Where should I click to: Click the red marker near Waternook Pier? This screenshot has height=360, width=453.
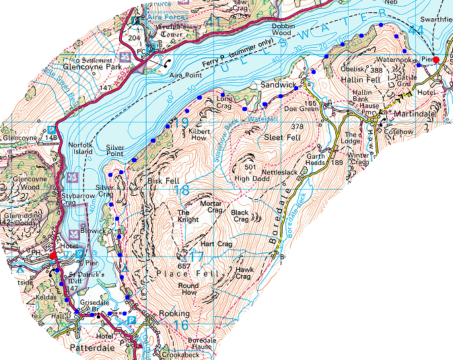(x=435, y=60)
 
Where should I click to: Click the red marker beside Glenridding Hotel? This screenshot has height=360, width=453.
(x=53, y=255)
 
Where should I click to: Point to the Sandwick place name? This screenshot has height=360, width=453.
(x=278, y=85)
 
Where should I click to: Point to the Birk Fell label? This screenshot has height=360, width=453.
(x=161, y=180)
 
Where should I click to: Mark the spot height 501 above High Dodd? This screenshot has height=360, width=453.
(x=252, y=167)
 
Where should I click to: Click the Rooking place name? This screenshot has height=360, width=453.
(x=174, y=314)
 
